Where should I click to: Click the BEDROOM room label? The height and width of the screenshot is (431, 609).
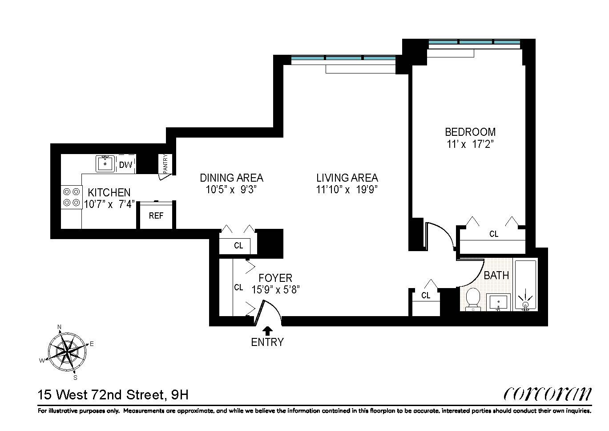point(470,132)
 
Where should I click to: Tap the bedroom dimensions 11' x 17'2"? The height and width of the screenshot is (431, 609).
point(470,144)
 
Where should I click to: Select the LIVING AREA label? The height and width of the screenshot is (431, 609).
point(347,178)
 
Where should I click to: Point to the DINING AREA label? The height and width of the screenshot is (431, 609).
point(231,178)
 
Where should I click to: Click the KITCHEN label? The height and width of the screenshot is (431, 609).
point(109,193)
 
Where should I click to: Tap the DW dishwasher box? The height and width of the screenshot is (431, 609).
point(126,165)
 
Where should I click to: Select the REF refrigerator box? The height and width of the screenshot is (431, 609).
point(156,215)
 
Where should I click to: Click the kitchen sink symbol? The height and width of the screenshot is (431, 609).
point(105,163)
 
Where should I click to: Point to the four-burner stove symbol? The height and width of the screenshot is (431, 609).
point(71,197)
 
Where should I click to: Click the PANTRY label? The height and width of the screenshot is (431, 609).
point(165,163)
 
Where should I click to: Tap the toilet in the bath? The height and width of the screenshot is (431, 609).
point(472,298)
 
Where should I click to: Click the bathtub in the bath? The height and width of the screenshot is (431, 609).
point(525,285)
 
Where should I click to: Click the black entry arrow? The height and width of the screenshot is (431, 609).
point(267,331)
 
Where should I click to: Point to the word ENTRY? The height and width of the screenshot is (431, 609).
point(267,342)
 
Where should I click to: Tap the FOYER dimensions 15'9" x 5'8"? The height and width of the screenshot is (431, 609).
point(276,290)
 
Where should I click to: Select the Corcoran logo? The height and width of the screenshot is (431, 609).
point(548,394)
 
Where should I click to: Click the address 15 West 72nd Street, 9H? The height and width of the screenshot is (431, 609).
point(113,394)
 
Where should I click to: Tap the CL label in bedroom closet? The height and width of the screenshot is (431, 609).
point(494,234)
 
